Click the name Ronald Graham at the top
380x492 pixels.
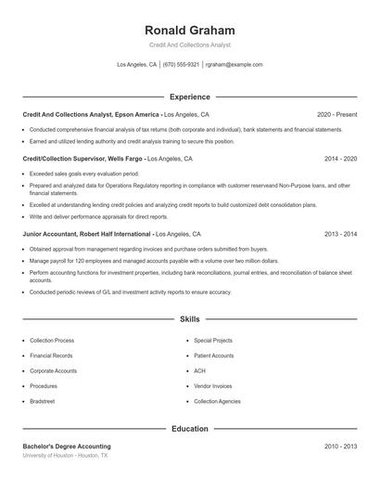[190, 30]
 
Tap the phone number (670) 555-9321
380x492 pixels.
[181, 65]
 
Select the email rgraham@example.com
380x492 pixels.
[234, 65]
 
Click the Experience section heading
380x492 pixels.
[190, 97]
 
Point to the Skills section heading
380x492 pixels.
[190, 319]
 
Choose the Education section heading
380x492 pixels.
[190, 429]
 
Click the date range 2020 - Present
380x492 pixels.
[336, 114]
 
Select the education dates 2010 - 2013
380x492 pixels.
[340, 447]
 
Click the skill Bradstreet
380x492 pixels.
[44, 401]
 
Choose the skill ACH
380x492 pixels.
[199, 371]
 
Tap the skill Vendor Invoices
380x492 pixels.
[213, 386]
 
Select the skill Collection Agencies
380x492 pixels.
[217, 401]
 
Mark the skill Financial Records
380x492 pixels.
[52, 356]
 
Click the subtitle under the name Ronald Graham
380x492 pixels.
[190, 45]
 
